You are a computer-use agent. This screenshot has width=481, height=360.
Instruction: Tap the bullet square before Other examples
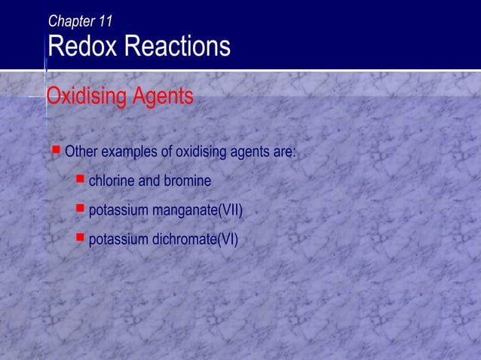coord(54,151)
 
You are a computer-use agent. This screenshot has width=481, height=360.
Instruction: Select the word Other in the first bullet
coord(81,153)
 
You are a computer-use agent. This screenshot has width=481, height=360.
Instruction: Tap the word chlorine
coord(112,182)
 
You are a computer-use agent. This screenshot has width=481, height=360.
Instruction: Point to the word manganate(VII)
coord(198,211)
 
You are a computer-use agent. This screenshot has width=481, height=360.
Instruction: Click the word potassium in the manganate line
coord(119,211)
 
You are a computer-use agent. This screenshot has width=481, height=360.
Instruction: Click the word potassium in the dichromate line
coord(119,240)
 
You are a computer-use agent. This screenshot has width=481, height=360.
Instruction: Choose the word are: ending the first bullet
coord(285,153)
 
